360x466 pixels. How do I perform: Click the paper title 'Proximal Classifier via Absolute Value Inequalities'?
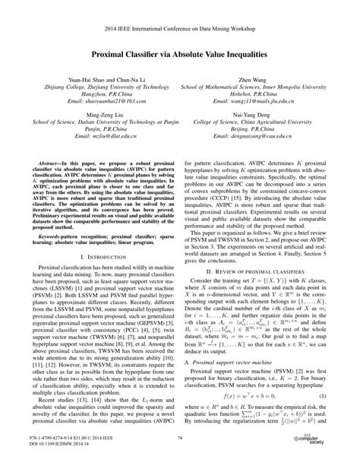pos(180,55)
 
